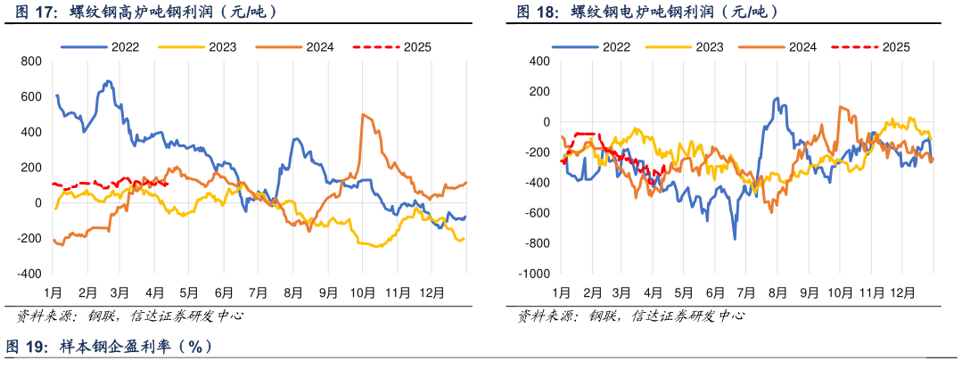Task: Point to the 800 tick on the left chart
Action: point(31,61)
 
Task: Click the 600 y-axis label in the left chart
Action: point(31,96)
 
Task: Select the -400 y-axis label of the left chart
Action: point(29,274)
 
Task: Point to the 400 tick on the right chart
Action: point(541,61)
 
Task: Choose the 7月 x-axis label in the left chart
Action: point(258,292)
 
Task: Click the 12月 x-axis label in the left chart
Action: point(432,292)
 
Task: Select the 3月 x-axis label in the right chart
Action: point(621,292)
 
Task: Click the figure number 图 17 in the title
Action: point(29,12)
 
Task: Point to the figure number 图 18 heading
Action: point(538,12)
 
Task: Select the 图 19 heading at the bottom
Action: point(27,346)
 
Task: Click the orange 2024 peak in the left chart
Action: point(363,114)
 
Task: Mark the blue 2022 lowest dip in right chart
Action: point(735,238)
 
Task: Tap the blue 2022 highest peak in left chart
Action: point(108,81)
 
